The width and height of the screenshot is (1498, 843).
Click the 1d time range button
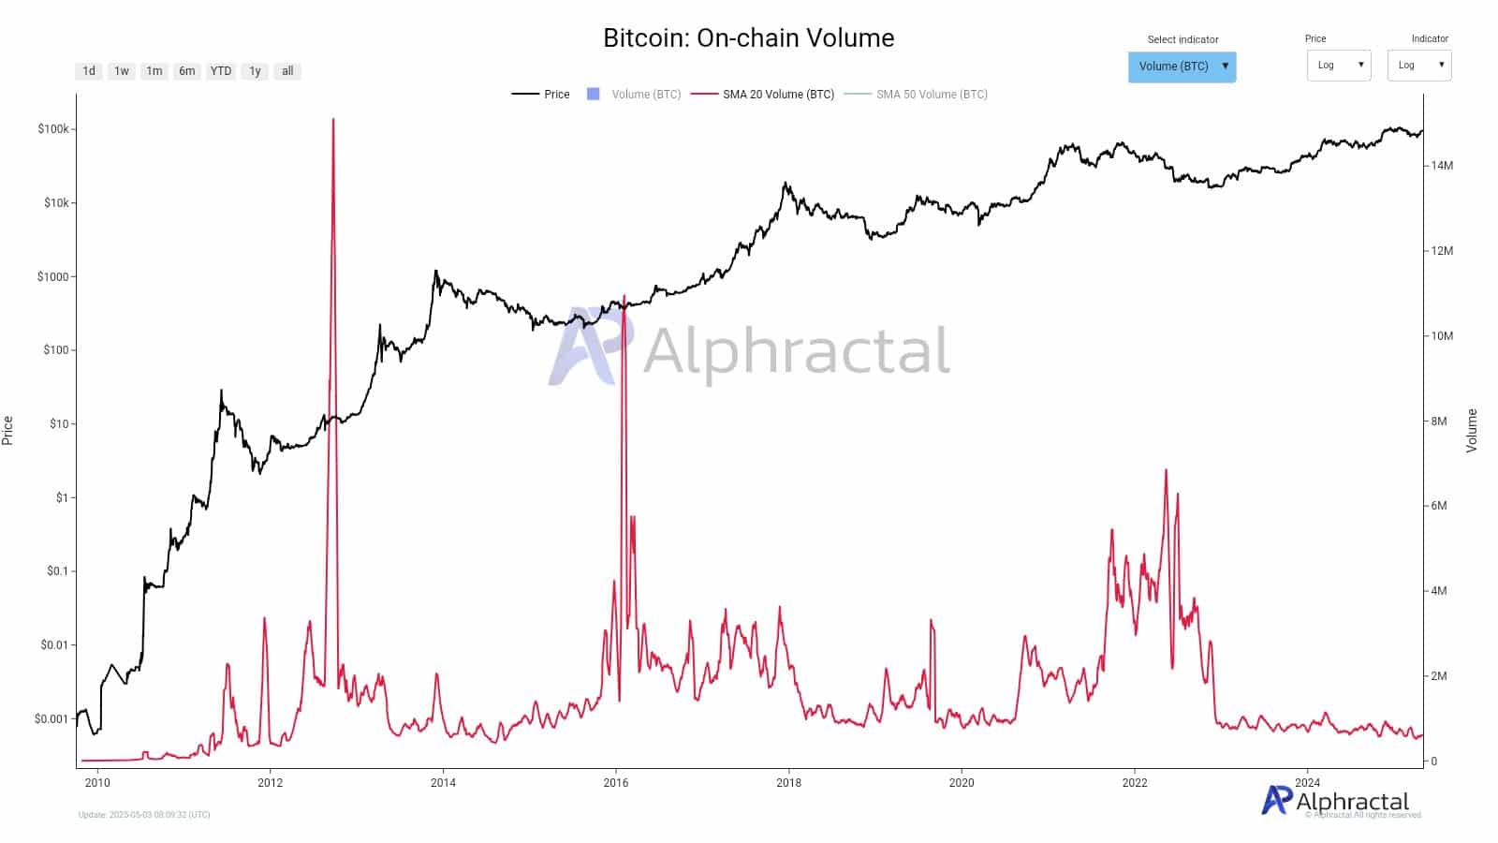(89, 71)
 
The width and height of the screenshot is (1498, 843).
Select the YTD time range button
(221, 71)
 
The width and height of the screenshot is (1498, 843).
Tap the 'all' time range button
(287, 71)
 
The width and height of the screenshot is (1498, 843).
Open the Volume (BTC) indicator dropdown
(1182, 67)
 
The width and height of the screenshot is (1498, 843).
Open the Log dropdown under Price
(1339, 66)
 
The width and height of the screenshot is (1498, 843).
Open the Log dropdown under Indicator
(1419, 66)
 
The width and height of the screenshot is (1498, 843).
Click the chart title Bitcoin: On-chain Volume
(748, 38)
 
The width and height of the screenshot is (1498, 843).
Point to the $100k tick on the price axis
(53, 129)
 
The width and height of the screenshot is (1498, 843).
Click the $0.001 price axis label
(51, 719)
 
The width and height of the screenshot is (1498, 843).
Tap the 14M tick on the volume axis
(1442, 166)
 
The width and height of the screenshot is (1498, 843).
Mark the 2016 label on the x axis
(616, 783)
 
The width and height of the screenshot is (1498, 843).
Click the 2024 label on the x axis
(1307, 783)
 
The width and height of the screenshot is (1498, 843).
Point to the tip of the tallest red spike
(333, 120)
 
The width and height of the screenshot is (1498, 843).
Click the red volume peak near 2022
(1166, 470)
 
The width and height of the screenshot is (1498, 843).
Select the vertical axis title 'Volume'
(1472, 431)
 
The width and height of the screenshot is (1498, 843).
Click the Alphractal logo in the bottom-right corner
(1336, 801)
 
